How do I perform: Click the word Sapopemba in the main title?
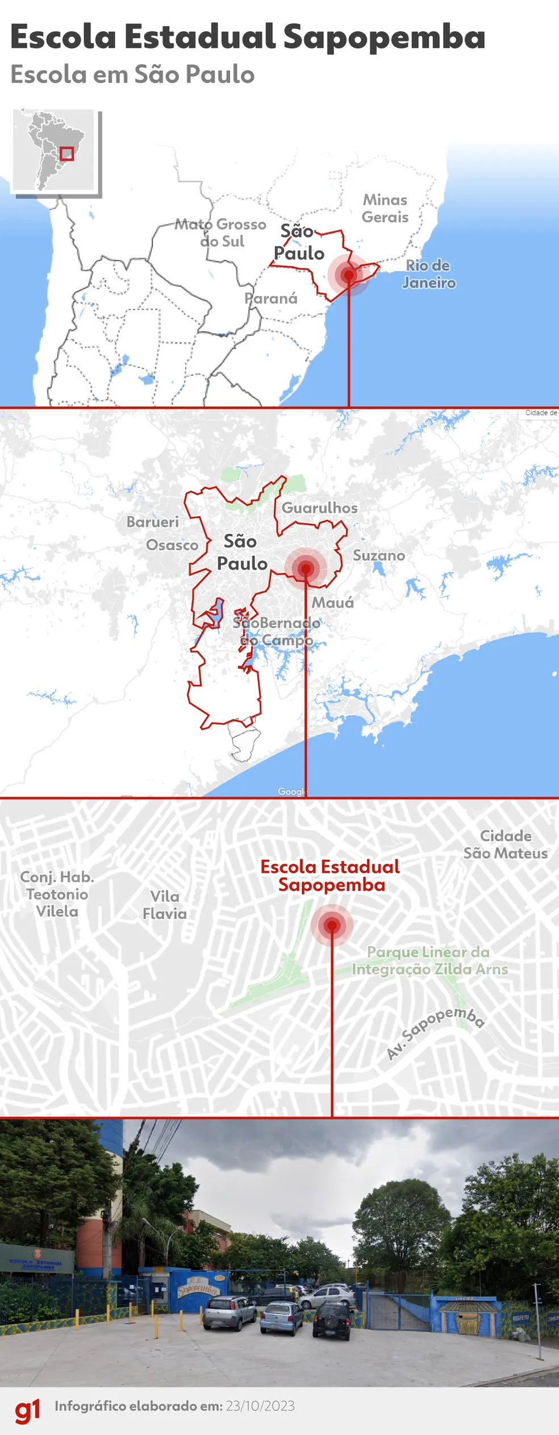pos(384,38)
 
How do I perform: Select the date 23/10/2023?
pos(260,1406)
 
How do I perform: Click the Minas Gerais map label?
pos(385,209)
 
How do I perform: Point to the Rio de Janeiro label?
pos(428,274)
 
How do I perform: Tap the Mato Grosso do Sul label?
pos(221,233)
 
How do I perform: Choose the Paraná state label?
pos(271,298)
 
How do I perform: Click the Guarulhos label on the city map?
pos(320,508)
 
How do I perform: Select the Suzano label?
pos(379,555)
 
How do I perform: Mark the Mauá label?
pos(333,603)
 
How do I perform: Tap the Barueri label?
pos(152,522)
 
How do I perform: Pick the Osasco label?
pos(172,545)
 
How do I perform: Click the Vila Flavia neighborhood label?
pos(165,905)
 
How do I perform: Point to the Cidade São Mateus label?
pos(506,844)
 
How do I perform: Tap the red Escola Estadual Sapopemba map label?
pos(331,876)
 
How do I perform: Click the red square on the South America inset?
pos(67,154)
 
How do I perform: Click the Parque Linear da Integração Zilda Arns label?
pos(429,960)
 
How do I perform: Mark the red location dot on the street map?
pos(332,926)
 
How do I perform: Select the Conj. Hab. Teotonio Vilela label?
pos(57,894)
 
